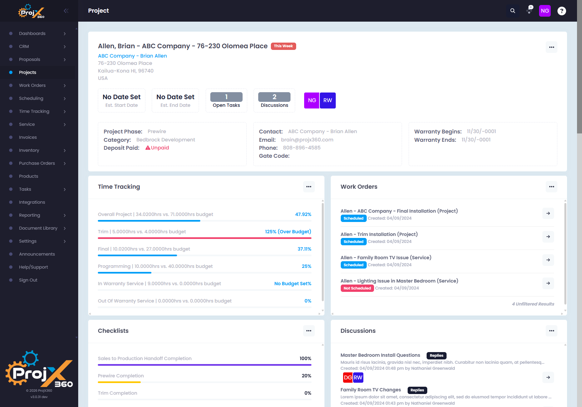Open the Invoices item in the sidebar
pyautogui.click(x=28, y=137)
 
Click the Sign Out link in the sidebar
pyautogui.click(x=28, y=280)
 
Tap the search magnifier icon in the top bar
pyautogui.click(x=513, y=11)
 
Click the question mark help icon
pyautogui.click(x=562, y=11)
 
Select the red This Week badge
pyautogui.click(x=284, y=46)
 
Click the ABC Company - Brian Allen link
pyautogui.click(x=132, y=56)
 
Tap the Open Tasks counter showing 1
pyautogui.click(x=226, y=100)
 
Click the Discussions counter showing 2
pyautogui.click(x=275, y=100)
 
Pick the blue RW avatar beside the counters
pyautogui.click(x=328, y=101)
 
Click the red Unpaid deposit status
pyautogui.click(x=157, y=148)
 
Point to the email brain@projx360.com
pyautogui.click(x=307, y=140)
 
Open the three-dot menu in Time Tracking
pyautogui.click(x=309, y=187)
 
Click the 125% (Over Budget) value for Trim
pyautogui.click(x=288, y=232)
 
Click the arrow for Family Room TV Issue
pyautogui.click(x=548, y=260)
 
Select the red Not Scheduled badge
pyautogui.click(x=357, y=288)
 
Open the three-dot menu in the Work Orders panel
pyautogui.click(x=551, y=187)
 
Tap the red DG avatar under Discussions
pyautogui.click(x=348, y=377)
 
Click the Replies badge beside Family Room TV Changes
pyautogui.click(x=417, y=390)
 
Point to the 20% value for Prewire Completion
pyautogui.click(x=306, y=376)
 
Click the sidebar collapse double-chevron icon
pyautogui.click(x=66, y=11)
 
